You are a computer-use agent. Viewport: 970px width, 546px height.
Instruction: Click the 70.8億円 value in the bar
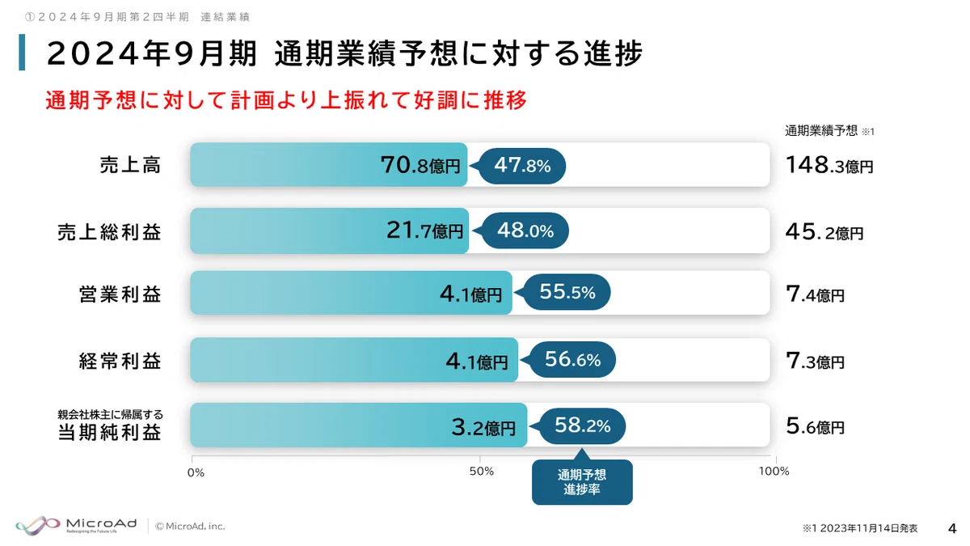click(420, 165)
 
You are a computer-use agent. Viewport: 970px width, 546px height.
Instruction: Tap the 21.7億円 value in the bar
click(424, 230)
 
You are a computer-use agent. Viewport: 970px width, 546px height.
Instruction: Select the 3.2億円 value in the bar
click(483, 427)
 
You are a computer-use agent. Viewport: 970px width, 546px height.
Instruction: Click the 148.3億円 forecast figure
click(829, 165)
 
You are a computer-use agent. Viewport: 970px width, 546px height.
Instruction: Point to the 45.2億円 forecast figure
click(824, 232)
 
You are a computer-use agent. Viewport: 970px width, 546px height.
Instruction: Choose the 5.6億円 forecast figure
click(815, 426)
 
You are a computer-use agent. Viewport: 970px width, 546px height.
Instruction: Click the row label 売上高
click(130, 165)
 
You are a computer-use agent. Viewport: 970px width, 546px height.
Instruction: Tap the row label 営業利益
click(120, 294)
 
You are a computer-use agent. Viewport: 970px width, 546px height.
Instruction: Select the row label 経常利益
click(120, 361)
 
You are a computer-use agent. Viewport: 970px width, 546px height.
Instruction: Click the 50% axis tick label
click(482, 472)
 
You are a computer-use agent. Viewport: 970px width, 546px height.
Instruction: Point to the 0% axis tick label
click(196, 472)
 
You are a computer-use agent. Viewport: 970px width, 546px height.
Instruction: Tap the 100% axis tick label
click(774, 472)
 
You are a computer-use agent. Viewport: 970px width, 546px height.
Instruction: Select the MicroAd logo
click(76, 526)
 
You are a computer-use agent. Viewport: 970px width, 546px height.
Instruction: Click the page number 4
click(952, 529)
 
